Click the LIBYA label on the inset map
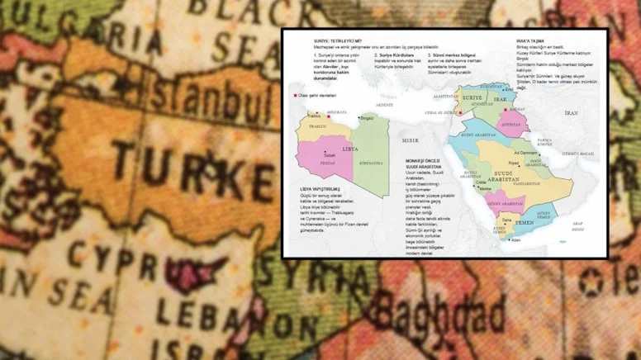350,149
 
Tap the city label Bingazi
367,118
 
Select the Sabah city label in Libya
330,155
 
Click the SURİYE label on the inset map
472,97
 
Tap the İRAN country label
571,112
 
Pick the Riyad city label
514,163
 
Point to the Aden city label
515,240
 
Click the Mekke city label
484,189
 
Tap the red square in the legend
295,96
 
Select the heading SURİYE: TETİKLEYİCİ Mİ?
339,40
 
